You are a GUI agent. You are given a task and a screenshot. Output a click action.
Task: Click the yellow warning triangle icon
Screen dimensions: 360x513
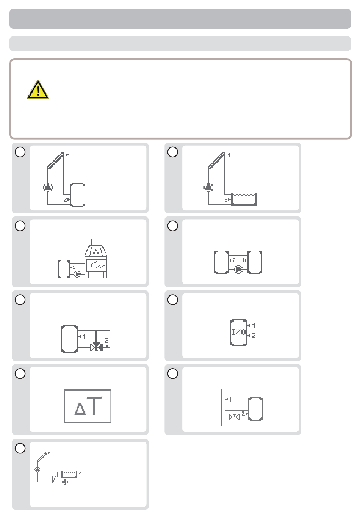(38, 89)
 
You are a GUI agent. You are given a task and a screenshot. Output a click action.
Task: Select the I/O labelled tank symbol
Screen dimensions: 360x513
(239, 332)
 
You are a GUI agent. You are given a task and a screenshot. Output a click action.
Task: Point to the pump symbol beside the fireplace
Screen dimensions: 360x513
(77, 274)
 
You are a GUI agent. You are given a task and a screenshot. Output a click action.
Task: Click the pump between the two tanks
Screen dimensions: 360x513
(239, 269)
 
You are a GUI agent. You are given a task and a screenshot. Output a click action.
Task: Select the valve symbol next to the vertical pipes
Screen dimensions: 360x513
(234, 417)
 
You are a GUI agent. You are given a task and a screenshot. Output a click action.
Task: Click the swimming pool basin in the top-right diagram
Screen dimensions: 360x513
(244, 199)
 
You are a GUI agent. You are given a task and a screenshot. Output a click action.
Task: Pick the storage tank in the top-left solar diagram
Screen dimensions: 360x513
(78, 195)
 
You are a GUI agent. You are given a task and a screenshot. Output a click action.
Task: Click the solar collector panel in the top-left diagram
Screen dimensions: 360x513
(56, 160)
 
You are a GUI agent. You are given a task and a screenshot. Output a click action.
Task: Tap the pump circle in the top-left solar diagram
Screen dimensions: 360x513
(48, 187)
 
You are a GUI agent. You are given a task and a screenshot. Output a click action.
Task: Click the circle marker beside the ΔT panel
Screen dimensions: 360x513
(20, 373)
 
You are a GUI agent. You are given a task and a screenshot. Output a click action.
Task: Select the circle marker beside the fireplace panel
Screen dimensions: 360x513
(20, 226)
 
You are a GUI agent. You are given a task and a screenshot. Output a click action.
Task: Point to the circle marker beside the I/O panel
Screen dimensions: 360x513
(173, 300)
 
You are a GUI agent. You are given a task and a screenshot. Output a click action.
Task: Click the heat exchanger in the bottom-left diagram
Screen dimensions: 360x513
(54, 479)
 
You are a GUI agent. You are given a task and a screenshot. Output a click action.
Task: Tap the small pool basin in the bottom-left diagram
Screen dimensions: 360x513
(69, 475)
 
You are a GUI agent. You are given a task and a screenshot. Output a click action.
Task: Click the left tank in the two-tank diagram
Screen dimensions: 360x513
(221, 262)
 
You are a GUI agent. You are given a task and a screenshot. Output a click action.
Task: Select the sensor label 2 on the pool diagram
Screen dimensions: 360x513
(226, 200)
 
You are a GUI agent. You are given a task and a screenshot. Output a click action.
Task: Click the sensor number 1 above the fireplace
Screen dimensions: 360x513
(91, 241)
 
